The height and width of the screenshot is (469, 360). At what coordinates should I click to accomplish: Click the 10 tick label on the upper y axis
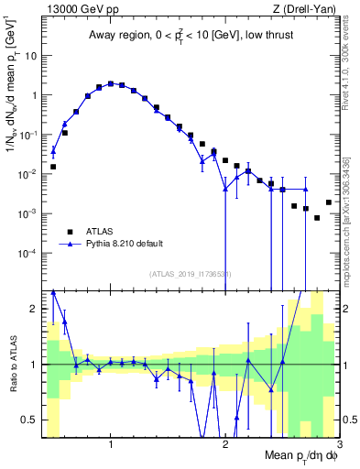click(29, 55)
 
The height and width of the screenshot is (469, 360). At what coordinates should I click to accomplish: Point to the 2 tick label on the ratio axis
click(33, 309)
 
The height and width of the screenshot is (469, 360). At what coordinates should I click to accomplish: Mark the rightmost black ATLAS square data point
click(329, 202)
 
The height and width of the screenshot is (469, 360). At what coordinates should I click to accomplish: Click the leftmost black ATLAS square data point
click(53, 167)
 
